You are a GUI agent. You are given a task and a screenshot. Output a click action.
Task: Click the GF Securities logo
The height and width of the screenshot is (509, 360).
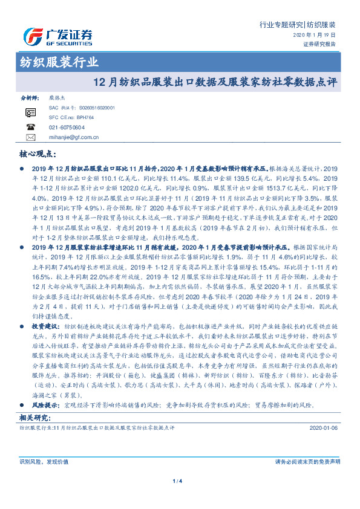tap(57, 36)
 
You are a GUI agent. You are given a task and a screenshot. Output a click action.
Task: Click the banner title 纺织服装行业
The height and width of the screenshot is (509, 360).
tap(56, 62)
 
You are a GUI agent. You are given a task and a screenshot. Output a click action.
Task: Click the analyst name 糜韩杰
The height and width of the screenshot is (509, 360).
tap(57, 97)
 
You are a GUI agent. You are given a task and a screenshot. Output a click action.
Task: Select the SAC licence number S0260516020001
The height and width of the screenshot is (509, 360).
tap(88, 107)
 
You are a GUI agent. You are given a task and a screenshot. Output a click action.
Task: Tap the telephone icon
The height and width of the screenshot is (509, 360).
tap(30, 127)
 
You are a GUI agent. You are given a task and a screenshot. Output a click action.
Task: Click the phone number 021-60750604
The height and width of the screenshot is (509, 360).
tap(66, 128)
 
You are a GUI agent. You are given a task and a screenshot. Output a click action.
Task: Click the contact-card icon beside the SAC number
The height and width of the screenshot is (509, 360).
tap(30, 112)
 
